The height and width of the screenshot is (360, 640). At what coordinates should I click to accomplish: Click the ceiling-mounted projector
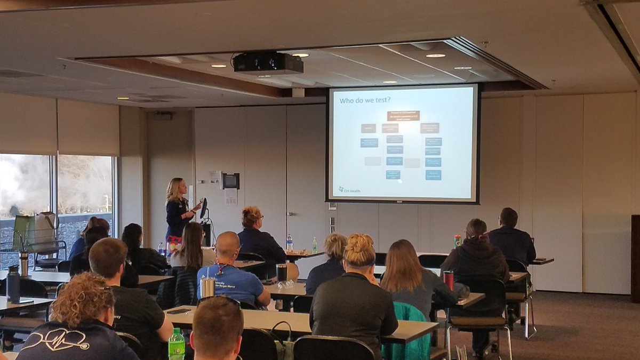click(268, 63)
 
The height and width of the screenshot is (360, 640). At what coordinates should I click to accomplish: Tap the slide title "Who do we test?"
click(366, 100)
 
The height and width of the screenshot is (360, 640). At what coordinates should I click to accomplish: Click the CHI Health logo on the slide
click(349, 190)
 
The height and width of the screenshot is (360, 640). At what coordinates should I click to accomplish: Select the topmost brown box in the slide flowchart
click(403, 115)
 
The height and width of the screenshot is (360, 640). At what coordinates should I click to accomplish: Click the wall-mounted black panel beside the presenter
click(230, 181)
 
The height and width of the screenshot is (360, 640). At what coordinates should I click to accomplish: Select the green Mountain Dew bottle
click(177, 344)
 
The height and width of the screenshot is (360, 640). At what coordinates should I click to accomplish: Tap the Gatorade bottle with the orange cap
click(457, 241)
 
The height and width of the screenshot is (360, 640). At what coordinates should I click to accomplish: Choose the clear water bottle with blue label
click(290, 243)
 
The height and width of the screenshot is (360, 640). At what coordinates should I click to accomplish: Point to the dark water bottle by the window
click(13, 283)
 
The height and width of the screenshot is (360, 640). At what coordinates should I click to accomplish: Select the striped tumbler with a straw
click(207, 286)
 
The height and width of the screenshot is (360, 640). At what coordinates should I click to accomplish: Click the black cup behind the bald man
click(282, 273)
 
